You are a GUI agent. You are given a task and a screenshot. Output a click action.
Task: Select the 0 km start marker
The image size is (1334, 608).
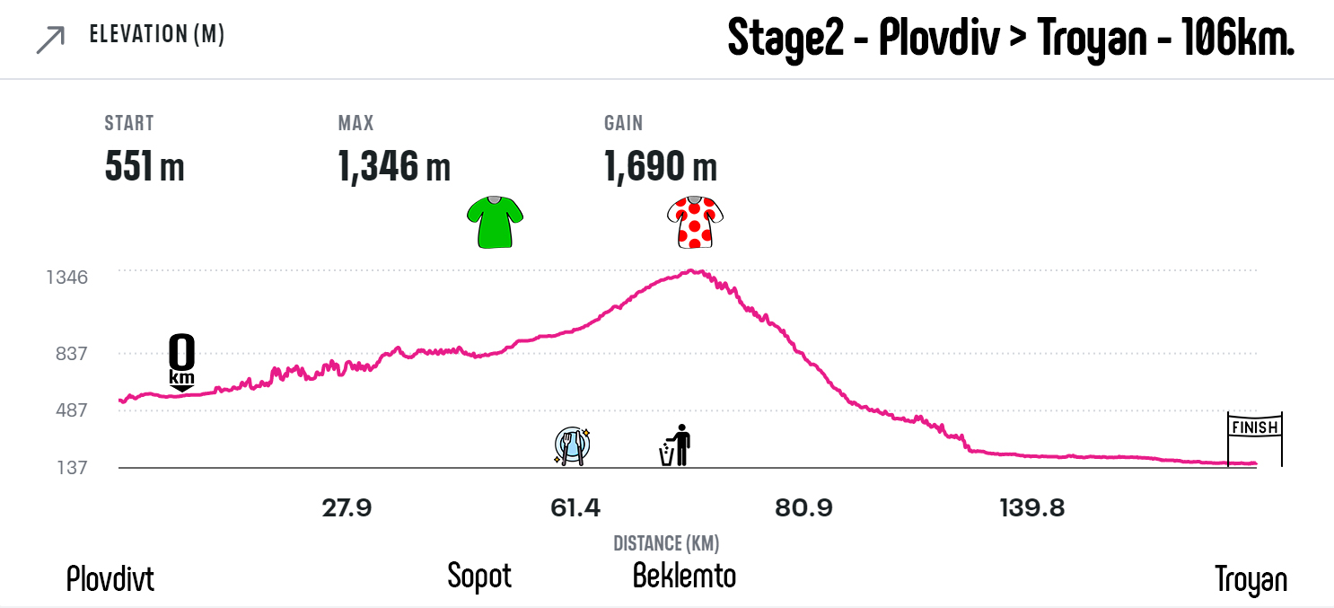click(181, 362)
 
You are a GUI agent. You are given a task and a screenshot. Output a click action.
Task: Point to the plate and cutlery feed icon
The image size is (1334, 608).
click(572, 445)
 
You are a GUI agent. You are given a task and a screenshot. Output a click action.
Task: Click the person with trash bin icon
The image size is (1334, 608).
click(675, 445)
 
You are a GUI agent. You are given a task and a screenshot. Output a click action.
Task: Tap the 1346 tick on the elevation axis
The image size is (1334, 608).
click(67, 277)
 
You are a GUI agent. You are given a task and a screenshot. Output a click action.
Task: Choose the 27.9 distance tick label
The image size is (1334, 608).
click(347, 508)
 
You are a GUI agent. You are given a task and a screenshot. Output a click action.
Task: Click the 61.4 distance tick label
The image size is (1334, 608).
click(575, 508)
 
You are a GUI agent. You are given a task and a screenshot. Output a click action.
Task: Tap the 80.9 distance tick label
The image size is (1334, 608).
click(803, 508)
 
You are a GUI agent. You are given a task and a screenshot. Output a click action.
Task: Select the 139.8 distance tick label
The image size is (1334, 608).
click(1032, 508)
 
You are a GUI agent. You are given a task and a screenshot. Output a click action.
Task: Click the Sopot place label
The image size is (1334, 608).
click(479, 576)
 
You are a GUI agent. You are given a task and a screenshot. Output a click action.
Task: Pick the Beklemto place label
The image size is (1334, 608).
click(684, 575)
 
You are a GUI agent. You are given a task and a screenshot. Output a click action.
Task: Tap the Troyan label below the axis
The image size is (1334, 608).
click(1251, 579)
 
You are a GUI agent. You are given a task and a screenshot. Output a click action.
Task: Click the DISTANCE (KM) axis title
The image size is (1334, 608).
click(666, 543)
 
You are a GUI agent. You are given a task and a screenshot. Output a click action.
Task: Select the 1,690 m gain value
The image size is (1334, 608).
click(661, 166)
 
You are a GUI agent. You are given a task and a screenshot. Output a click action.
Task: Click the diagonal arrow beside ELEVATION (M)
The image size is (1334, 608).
click(50, 40)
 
